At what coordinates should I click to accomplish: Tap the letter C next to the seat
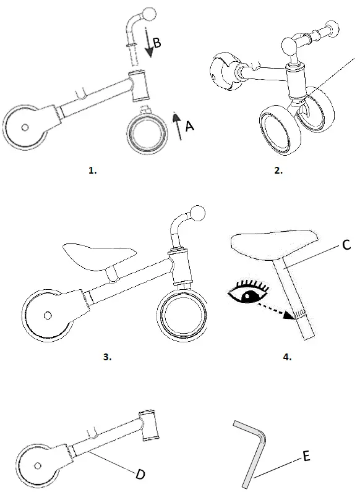(x=346, y=245)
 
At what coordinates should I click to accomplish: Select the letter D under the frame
(x=140, y=474)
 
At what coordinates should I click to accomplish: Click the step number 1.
(x=92, y=171)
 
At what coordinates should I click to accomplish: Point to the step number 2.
(x=278, y=171)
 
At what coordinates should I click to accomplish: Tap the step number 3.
(x=107, y=356)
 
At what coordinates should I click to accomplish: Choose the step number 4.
(x=288, y=356)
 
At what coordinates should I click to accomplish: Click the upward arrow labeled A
(x=176, y=126)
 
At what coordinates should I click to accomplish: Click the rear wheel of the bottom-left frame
(x=39, y=465)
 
